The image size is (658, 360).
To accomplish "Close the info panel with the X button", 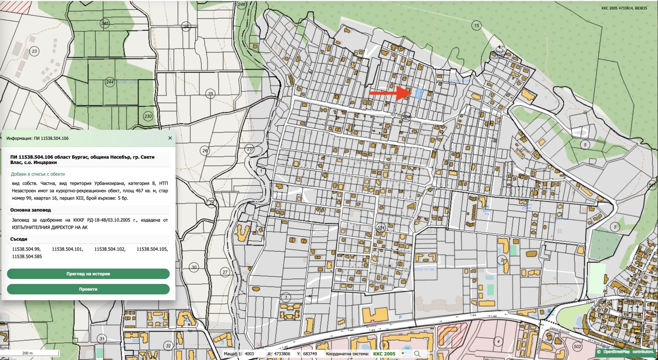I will click(170, 138).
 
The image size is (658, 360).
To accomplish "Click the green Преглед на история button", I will click(88, 274).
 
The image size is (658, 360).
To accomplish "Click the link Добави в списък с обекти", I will click(38, 174).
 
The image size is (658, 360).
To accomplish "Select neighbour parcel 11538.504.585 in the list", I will click(27, 256).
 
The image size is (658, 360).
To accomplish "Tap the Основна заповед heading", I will click(30, 210).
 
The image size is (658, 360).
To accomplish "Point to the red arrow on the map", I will click(389, 93).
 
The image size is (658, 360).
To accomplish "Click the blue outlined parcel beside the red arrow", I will click(418, 93).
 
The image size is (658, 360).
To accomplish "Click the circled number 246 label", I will click(241, 5).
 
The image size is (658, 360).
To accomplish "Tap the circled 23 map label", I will click(34, 51).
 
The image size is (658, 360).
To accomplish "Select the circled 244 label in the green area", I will click(110, 82).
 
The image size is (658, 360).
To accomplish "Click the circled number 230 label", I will click(148, 116).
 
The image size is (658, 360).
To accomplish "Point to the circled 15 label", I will click(476, 26).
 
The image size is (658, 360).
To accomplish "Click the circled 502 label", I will click(577, 346).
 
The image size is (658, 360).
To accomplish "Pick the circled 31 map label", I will click(102, 339).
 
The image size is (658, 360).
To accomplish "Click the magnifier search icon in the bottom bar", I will click(417, 354).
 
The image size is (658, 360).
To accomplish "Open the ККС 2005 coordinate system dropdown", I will click(403, 354).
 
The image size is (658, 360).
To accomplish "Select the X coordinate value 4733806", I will click(282, 354).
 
